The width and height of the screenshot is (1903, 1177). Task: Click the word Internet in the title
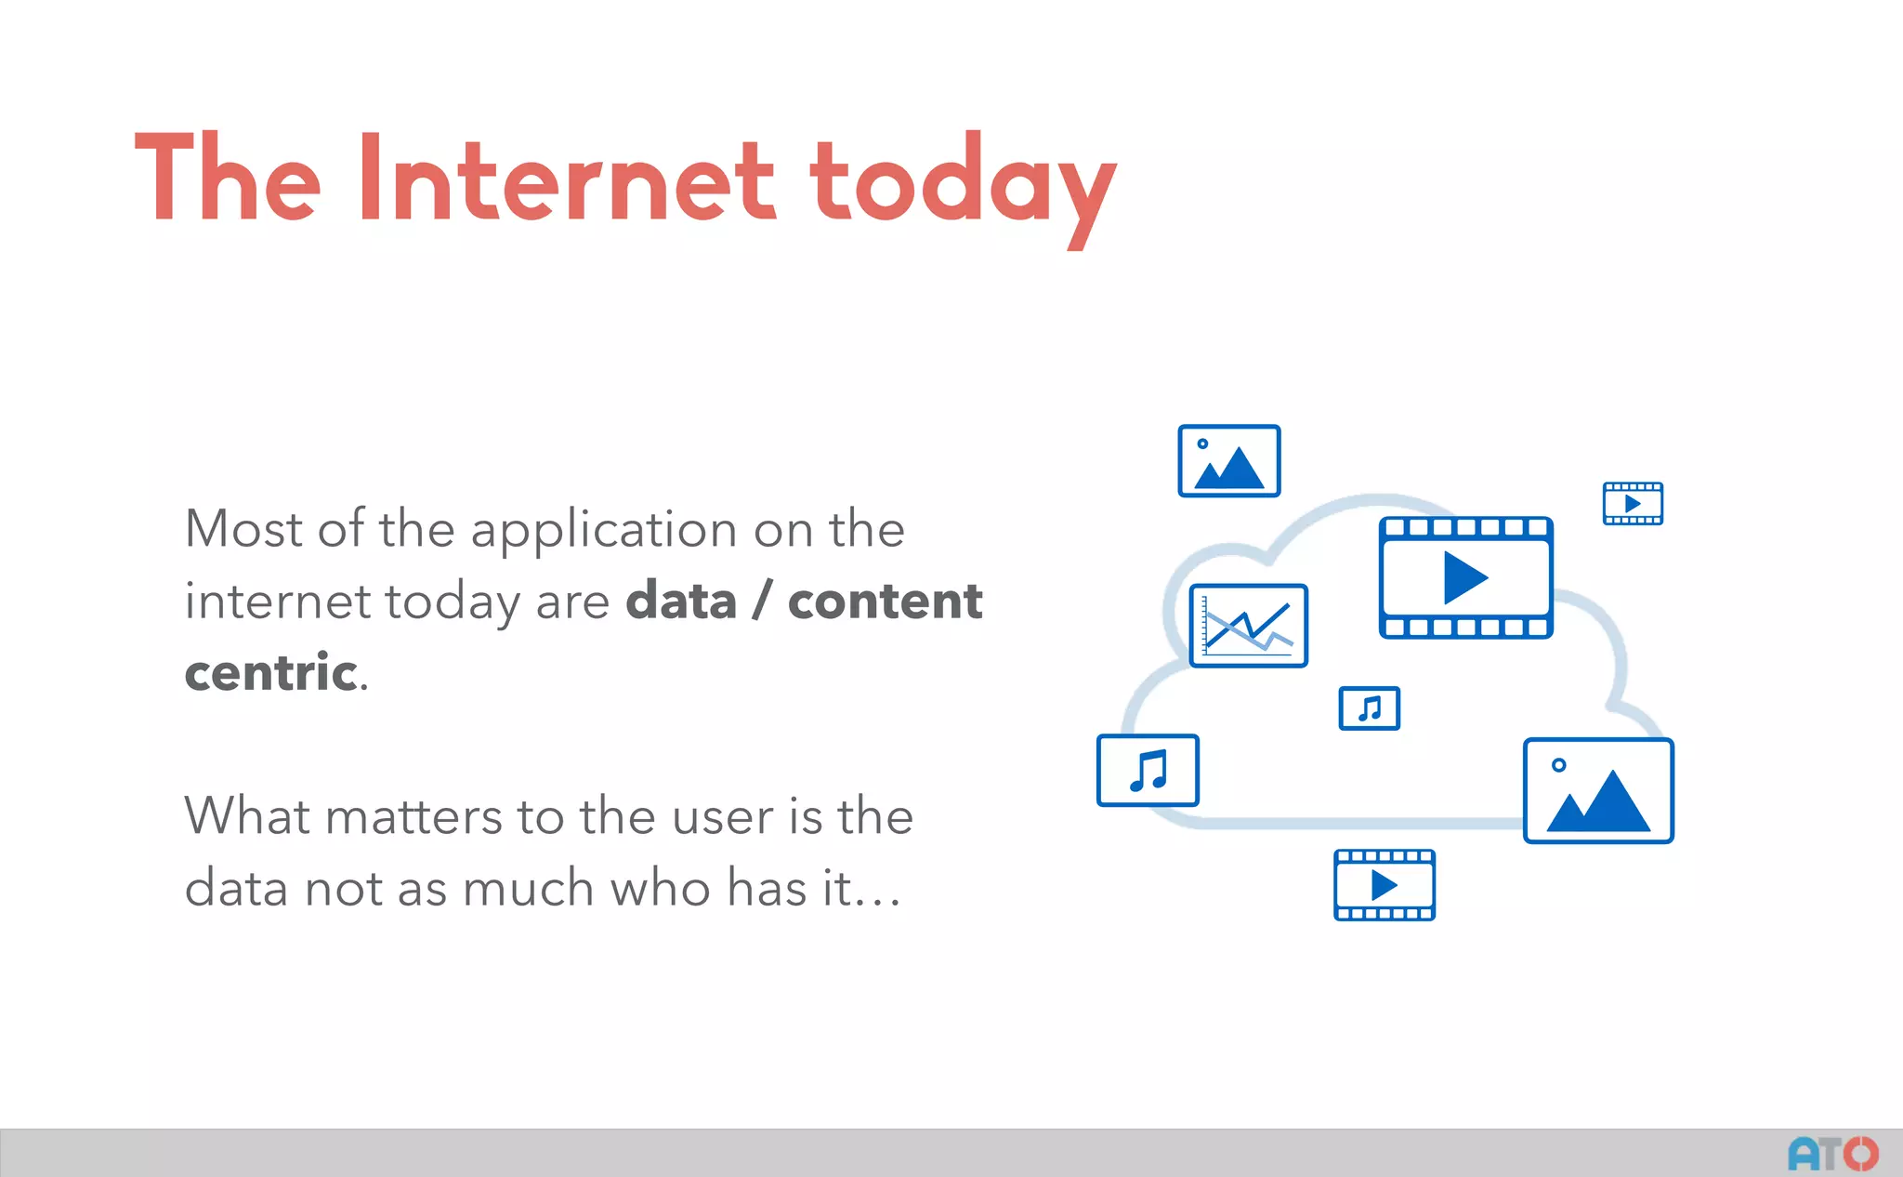(x=565, y=179)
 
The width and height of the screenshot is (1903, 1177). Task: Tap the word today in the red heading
(x=962, y=186)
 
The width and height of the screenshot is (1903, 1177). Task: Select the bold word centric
(x=271, y=672)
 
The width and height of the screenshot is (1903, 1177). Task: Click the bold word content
(x=885, y=601)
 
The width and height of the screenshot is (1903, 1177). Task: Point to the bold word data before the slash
(x=681, y=601)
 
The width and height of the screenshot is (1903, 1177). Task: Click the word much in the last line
(x=528, y=888)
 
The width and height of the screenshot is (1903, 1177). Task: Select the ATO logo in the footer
(x=1832, y=1154)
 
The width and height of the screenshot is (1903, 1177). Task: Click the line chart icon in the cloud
(x=1248, y=626)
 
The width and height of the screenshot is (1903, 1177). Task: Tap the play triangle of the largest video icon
(x=1464, y=577)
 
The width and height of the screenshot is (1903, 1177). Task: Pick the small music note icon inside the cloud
(x=1369, y=708)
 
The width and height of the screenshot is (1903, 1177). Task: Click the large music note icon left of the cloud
(x=1148, y=771)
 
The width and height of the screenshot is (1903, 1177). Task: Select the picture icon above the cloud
(x=1228, y=461)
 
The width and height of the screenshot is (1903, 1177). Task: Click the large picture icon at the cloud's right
(x=1598, y=791)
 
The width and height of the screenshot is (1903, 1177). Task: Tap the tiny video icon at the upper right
(x=1633, y=504)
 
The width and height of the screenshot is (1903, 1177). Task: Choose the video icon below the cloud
(x=1384, y=885)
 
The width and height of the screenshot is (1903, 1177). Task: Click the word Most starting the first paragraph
(x=243, y=529)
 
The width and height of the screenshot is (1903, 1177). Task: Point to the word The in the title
(x=228, y=179)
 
